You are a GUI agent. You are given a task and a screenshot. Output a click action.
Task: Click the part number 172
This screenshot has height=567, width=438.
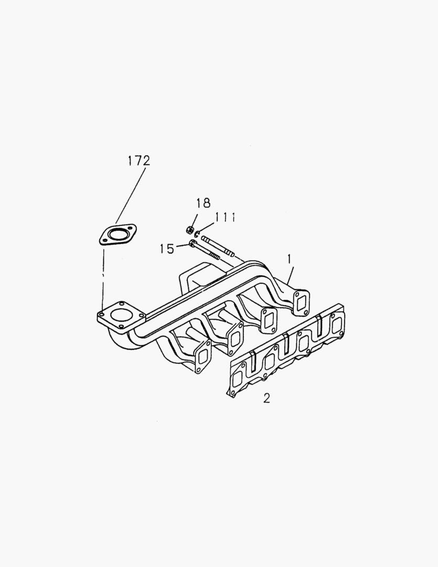point(138,161)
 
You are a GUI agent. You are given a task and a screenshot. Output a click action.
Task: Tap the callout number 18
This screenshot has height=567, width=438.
point(203,203)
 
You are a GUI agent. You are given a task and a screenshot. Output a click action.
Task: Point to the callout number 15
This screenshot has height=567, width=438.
point(167,249)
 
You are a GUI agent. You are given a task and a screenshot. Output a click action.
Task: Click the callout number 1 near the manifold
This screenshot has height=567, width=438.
point(289,258)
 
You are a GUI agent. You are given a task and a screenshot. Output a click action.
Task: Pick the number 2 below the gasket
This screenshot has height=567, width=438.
point(266,398)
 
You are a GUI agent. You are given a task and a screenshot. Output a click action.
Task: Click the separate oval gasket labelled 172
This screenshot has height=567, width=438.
point(118,235)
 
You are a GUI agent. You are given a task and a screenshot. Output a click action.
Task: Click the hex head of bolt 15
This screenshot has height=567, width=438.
point(190,243)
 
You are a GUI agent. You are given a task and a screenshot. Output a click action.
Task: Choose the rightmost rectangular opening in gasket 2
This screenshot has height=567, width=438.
point(336,324)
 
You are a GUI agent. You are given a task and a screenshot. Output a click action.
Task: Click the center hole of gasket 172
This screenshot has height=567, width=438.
point(118,235)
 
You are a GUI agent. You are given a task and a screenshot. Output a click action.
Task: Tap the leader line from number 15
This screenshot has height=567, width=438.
point(181,245)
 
